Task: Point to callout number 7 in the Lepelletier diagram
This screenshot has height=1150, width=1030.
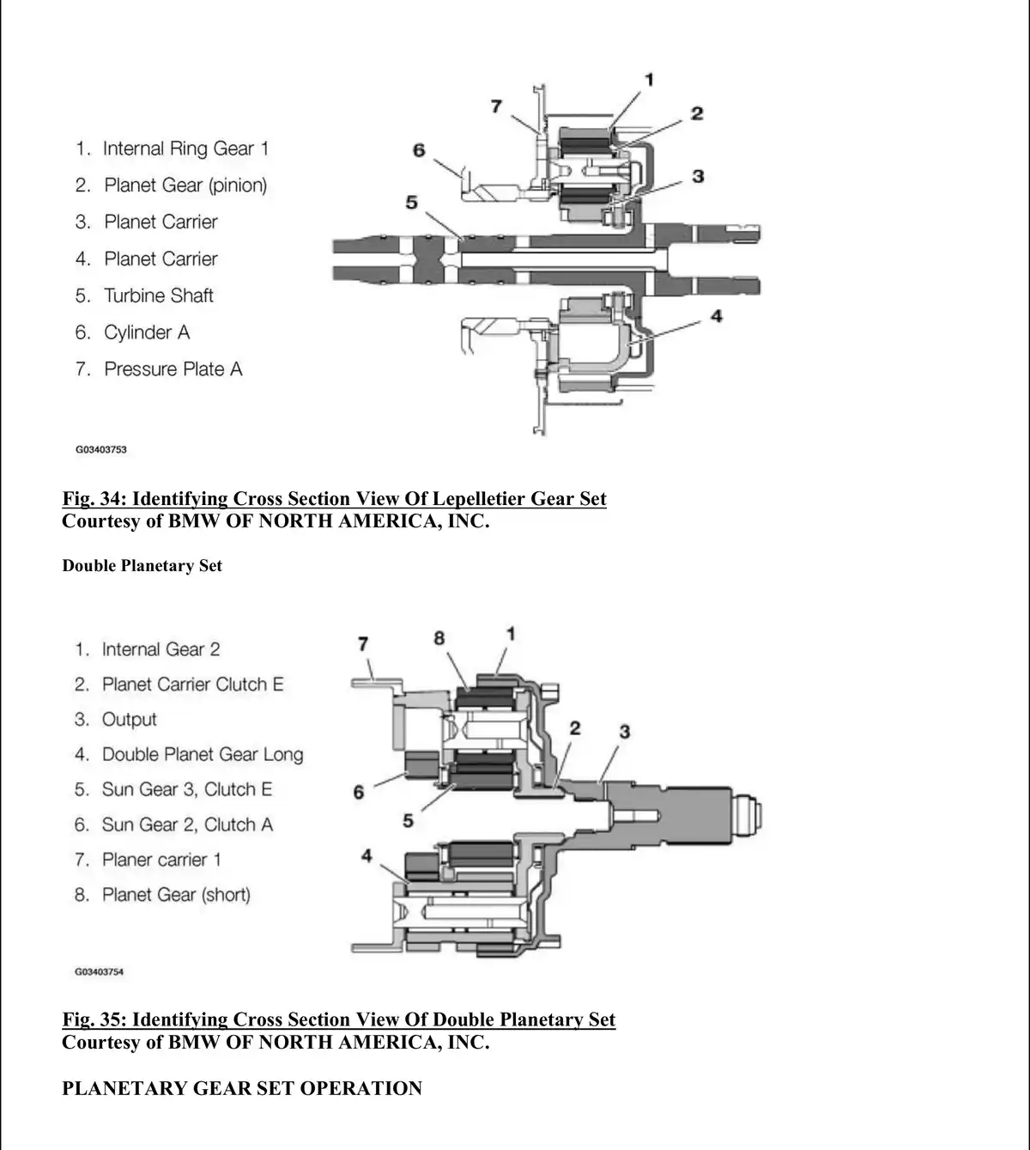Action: [496, 106]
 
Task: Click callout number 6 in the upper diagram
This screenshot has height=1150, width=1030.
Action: [419, 150]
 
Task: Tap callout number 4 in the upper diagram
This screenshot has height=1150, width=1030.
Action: [717, 316]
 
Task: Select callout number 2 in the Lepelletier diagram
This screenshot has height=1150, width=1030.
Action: [697, 113]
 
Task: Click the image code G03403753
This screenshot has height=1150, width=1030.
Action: [101, 449]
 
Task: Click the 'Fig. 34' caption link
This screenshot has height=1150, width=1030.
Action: [334, 499]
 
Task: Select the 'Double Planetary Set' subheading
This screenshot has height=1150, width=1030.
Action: [142, 566]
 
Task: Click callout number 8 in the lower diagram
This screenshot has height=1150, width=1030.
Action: [439, 638]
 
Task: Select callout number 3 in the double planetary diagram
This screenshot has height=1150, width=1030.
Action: [625, 732]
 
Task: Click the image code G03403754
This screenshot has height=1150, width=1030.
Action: [100, 972]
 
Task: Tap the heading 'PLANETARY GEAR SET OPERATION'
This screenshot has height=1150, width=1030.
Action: [242, 1089]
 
